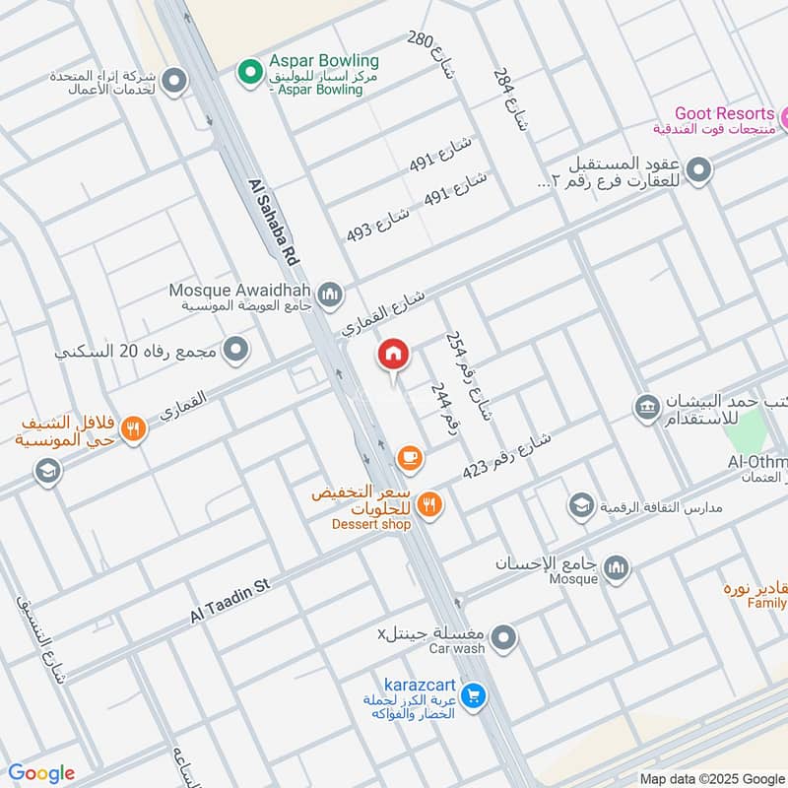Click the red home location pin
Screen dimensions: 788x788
(393, 356)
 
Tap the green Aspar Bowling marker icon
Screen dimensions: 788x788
(247, 70)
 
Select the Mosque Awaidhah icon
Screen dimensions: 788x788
(330, 294)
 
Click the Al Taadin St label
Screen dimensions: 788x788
(230, 600)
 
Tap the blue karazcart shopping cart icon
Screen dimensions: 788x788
(474, 695)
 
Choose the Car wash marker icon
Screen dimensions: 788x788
(503, 639)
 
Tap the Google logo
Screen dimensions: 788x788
(41, 773)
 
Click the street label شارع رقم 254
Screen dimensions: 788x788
(468, 378)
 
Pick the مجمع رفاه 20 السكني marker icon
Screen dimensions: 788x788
(235, 349)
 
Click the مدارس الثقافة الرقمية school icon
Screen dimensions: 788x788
(581, 506)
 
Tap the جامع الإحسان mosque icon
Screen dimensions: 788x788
(617, 568)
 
